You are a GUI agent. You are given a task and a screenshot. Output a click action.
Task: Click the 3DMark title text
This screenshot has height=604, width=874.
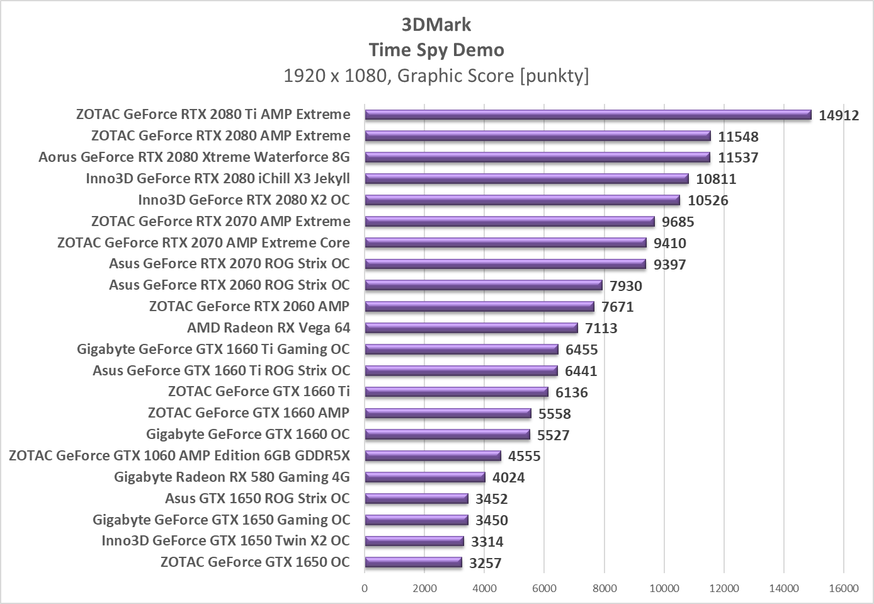point(436,25)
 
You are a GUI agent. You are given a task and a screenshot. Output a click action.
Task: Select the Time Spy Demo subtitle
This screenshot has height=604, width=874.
point(436,50)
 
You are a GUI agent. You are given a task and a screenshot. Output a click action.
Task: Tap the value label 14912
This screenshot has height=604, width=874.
point(839,115)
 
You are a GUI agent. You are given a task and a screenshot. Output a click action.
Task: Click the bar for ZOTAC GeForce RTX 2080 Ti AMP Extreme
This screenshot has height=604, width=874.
point(587,115)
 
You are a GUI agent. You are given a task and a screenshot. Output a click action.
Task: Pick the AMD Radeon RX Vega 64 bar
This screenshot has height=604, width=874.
point(471,328)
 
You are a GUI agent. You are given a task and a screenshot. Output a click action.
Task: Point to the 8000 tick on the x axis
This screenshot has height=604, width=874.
point(604,588)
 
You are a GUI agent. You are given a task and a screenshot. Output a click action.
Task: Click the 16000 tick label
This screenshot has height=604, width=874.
point(843,588)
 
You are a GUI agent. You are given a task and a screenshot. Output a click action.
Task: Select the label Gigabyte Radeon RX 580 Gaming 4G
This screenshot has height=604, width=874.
point(232,477)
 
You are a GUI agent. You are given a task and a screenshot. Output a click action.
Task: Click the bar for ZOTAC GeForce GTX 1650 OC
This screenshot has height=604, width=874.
point(413,562)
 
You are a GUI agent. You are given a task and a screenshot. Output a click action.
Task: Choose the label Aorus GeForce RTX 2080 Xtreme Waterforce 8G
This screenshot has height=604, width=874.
point(194,157)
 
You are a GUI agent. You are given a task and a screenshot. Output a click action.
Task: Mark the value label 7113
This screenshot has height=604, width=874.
point(601,328)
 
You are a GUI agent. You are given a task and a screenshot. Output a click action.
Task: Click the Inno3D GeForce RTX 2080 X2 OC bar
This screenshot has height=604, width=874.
point(522,200)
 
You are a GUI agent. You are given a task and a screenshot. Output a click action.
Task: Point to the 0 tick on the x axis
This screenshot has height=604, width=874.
point(365,588)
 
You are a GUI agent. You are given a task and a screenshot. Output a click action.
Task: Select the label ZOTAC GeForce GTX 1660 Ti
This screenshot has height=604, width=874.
point(259,391)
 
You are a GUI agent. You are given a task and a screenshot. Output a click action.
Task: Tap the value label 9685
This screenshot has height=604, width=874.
point(678,222)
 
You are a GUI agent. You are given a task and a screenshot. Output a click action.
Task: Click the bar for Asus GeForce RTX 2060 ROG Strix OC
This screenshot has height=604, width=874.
point(484,285)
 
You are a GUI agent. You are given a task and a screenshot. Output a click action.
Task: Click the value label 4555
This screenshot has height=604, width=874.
point(525,456)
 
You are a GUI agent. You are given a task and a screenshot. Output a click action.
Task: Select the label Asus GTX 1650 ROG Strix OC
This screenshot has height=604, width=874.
point(257,498)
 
